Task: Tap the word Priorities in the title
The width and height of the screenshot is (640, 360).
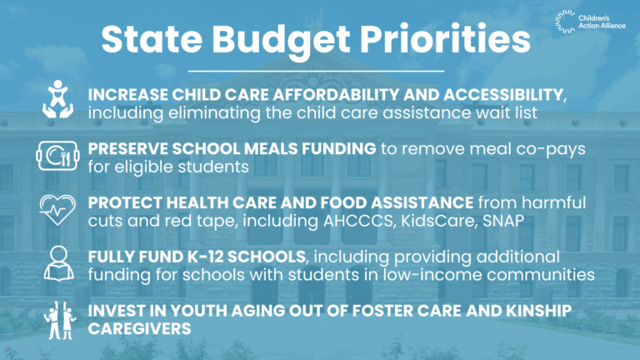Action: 445,39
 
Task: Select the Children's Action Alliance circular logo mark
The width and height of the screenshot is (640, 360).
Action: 565,22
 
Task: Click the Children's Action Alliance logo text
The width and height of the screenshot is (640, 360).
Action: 602,22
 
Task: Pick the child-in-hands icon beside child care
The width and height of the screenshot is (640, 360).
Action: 58,99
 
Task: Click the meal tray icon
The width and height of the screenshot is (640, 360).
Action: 57,156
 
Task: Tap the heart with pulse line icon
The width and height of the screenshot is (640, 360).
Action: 57,210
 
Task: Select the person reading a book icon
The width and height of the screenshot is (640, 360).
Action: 59,263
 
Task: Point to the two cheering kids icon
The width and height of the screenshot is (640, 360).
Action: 60,321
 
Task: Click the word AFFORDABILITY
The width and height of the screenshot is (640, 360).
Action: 336,95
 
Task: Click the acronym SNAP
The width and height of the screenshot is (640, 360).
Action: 503,221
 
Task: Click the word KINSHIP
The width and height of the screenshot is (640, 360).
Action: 539,311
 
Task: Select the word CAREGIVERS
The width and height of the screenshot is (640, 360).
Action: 140,329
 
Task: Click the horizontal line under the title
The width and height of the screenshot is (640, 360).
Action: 316,72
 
